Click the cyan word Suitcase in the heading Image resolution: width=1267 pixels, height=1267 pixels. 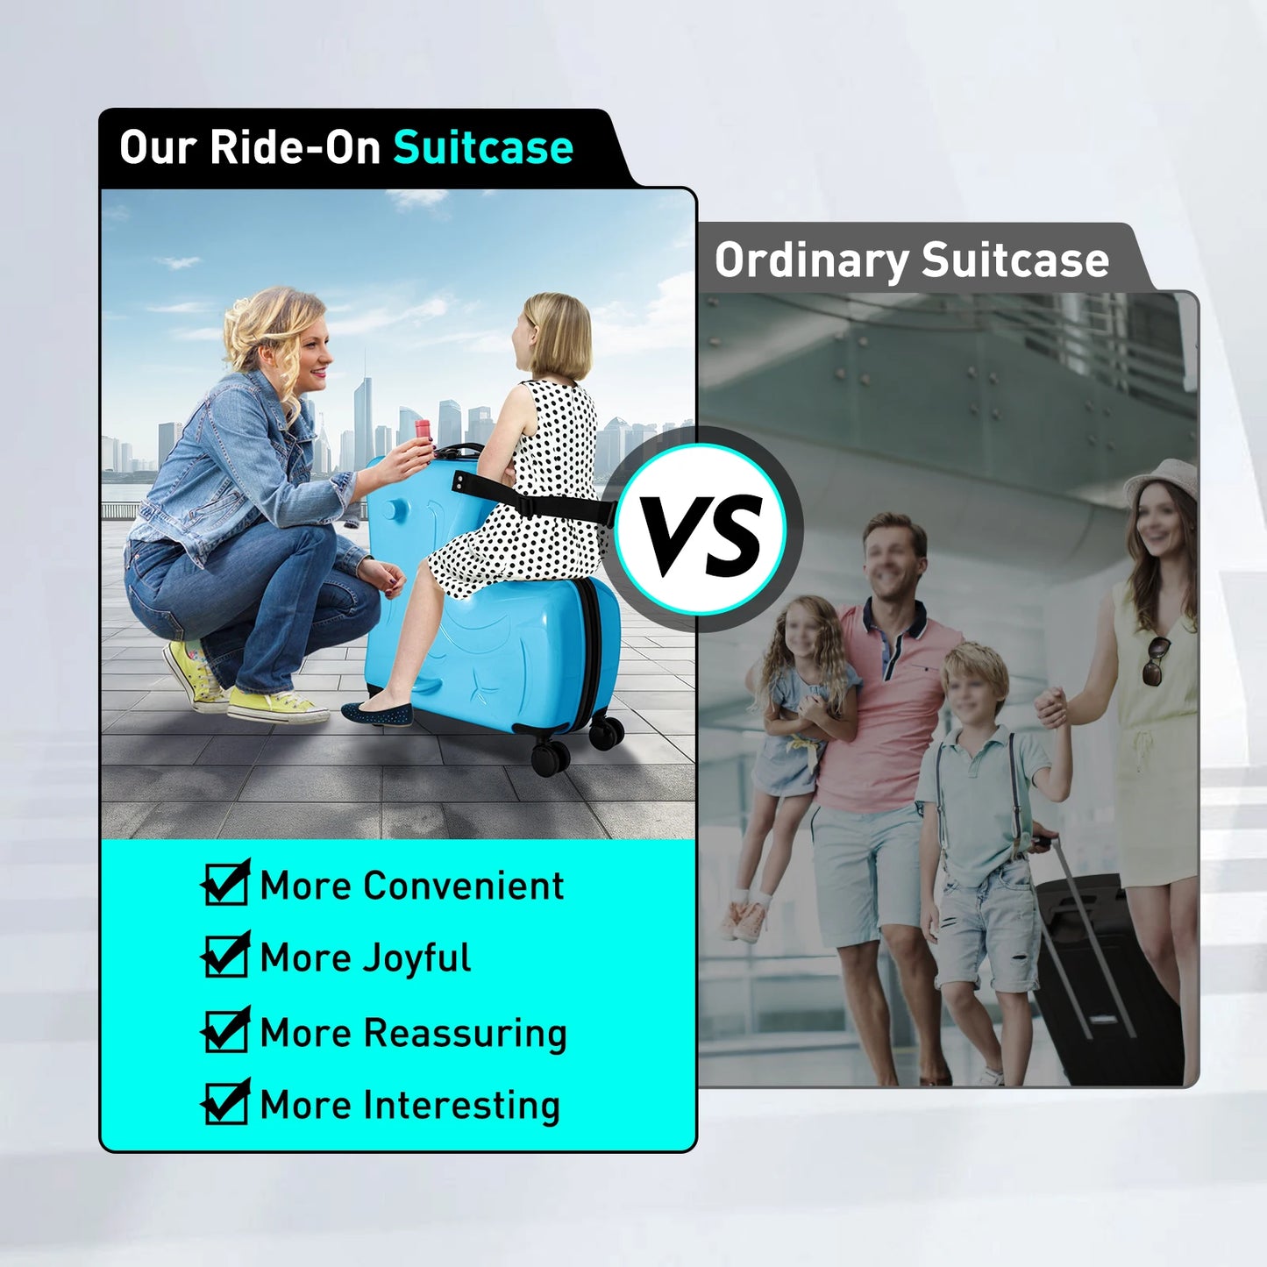(483, 146)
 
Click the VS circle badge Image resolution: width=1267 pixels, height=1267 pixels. (701, 529)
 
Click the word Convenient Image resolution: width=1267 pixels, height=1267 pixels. (464, 886)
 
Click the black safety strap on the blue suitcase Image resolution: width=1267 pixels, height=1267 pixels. (532, 503)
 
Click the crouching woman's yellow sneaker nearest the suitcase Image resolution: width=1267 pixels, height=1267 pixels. (276, 705)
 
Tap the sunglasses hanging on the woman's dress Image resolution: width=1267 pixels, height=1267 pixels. (1156, 661)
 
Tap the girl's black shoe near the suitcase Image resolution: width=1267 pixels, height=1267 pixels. (377, 713)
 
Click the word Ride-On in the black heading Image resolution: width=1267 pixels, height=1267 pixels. (295, 146)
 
